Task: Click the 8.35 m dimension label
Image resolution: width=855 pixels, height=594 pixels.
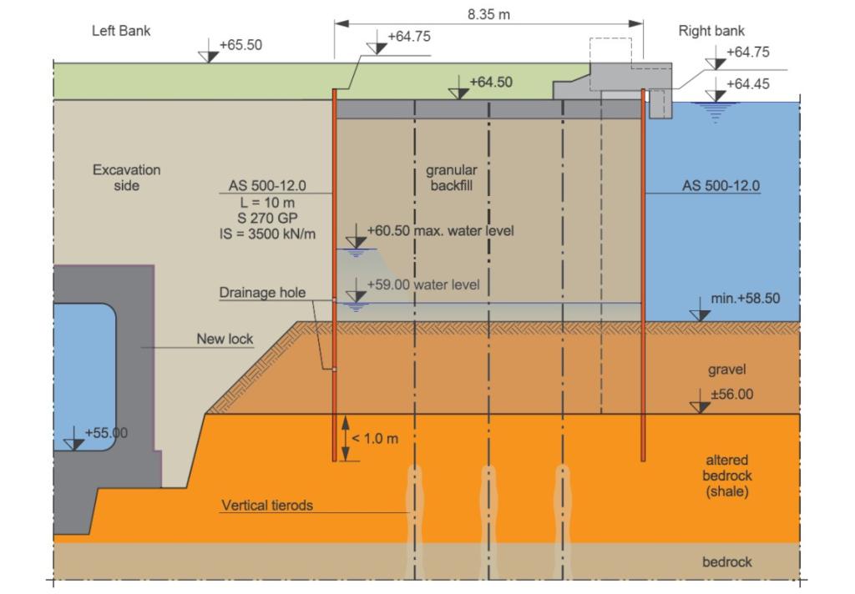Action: (488, 14)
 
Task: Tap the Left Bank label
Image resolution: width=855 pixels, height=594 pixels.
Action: (121, 31)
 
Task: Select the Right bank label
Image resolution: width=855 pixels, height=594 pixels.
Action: (711, 31)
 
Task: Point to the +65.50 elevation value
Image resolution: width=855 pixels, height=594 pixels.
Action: (240, 45)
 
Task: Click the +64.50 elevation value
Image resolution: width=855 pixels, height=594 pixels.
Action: (491, 83)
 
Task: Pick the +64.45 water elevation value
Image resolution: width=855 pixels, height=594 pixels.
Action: (748, 84)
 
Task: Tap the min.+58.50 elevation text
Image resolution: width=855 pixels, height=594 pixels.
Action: (746, 298)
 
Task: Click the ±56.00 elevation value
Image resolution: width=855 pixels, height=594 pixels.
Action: (731, 394)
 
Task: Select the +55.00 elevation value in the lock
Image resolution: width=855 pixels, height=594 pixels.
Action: (106, 433)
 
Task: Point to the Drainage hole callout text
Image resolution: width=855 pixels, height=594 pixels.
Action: (262, 293)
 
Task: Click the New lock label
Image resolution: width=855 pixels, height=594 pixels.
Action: (225, 339)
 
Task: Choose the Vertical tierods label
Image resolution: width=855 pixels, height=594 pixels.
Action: (267, 506)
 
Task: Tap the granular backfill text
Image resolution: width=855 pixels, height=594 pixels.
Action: (452, 178)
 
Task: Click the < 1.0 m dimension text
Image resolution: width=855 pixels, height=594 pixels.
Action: (375, 439)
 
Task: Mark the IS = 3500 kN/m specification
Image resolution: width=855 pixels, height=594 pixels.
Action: (267, 234)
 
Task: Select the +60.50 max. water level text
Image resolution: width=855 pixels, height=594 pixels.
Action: (441, 230)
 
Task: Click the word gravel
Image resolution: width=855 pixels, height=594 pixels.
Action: (727, 370)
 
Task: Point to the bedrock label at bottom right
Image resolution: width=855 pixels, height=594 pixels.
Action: (727, 561)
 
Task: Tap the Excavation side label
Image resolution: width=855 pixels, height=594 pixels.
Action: (127, 178)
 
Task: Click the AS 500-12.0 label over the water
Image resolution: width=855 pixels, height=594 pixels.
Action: (721, 186)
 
